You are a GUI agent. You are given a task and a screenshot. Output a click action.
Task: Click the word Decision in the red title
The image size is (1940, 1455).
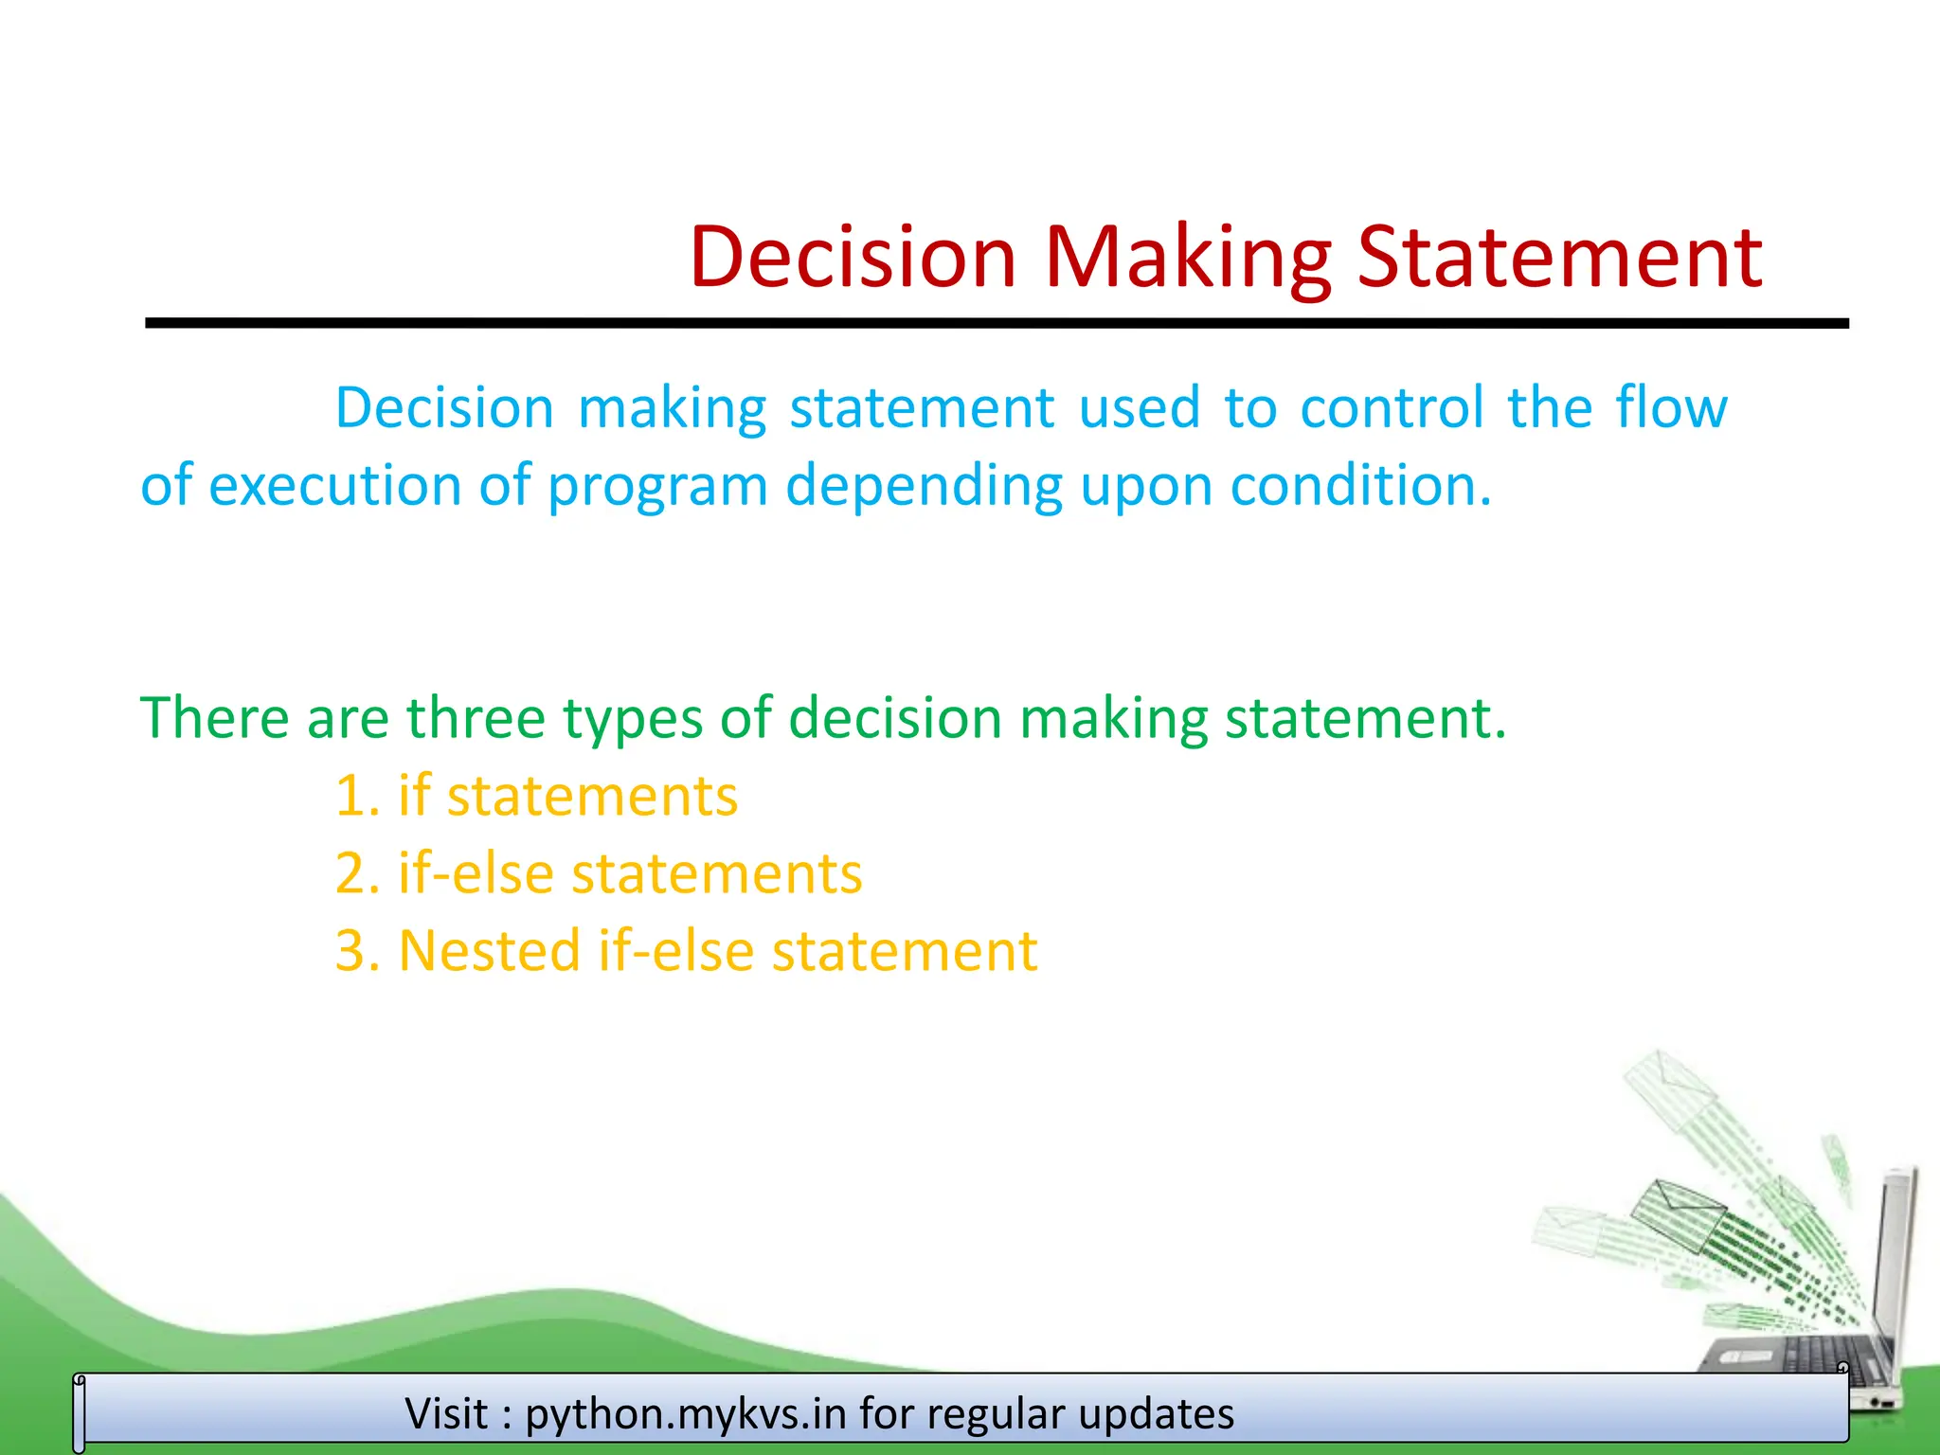click(x=853, y=257)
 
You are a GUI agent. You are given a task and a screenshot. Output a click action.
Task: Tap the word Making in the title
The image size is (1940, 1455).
click(x=1188, y=257)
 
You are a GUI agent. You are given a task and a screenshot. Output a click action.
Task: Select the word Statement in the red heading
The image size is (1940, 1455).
click(x=1559, y=257)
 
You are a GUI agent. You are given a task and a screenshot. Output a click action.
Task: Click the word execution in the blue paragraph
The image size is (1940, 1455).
click(x=334, y=485)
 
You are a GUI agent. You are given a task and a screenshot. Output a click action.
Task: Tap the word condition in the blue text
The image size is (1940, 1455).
click(x=1360, y=485)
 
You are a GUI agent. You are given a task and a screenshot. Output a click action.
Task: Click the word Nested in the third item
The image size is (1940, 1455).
click(x=489, y=951)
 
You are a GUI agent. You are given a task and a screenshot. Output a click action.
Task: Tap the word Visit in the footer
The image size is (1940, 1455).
click(x=446, y=1413)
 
